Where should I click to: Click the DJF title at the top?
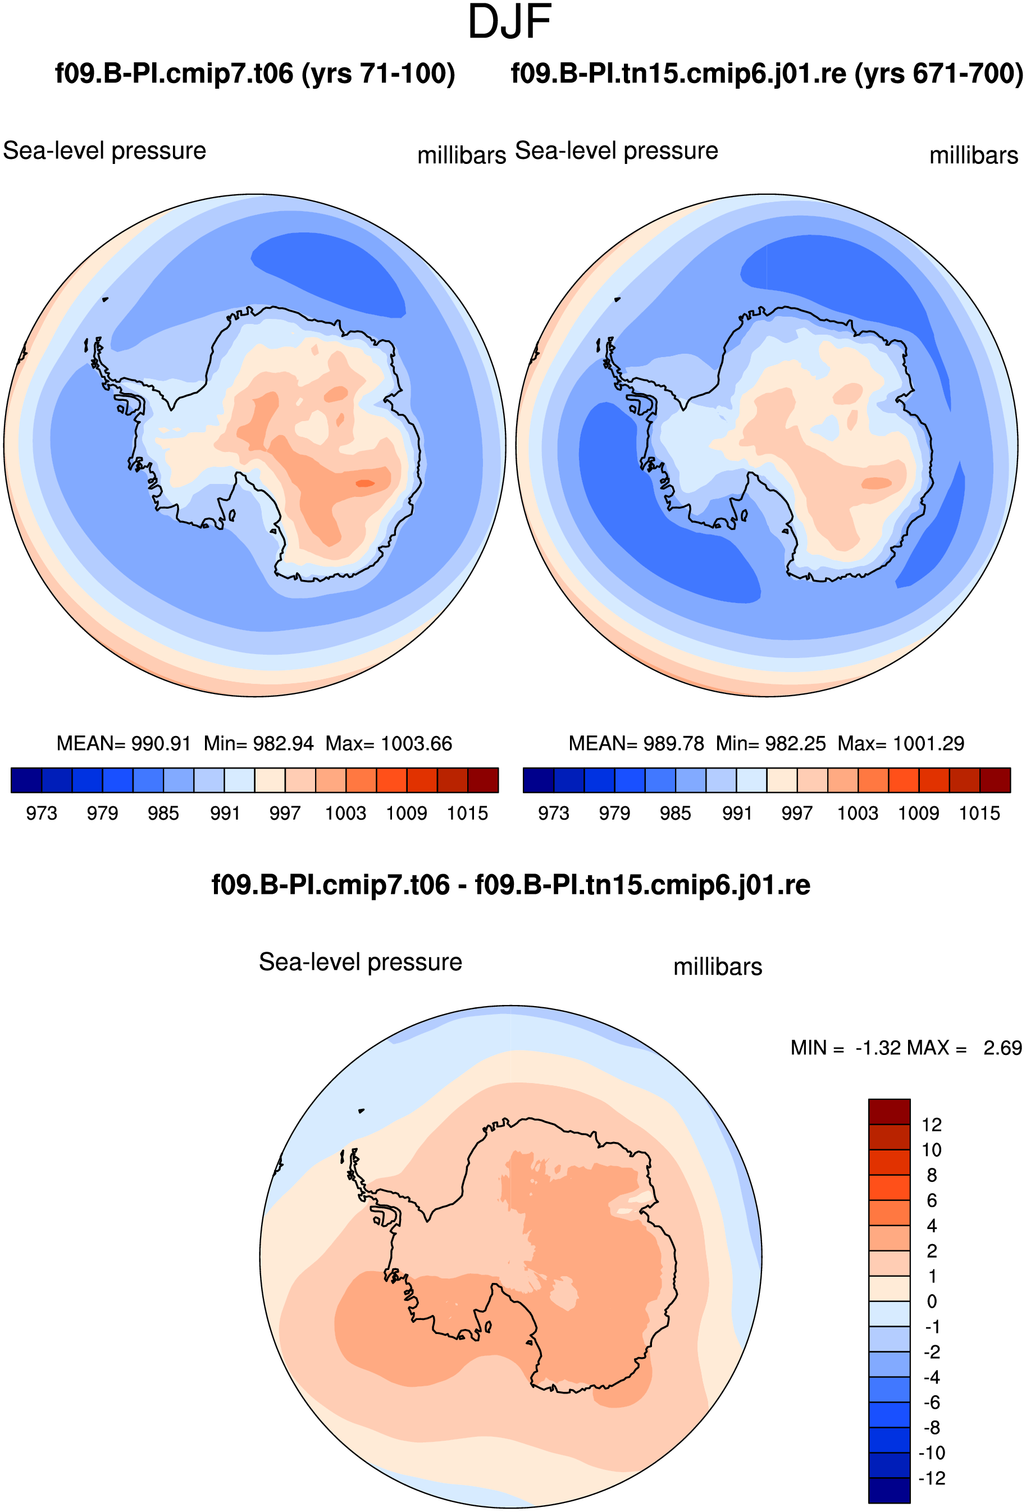tap(509, 22)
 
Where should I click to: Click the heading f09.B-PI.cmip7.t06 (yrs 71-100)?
tap(254, 74)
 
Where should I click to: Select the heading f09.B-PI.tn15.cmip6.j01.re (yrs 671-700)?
tap(767, 74)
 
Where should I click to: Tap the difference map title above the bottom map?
tap(510, 885)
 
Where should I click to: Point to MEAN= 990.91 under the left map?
tap(124, 743)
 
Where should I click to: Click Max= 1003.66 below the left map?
tap(389, 743)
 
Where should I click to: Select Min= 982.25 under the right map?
tap(770, 743)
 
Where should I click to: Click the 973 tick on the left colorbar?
tap(42, 813)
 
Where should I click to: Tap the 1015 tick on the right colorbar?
tap(980, 813)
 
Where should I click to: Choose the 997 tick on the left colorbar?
tap(285, 813)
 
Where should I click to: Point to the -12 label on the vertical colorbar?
tap(932, 1478)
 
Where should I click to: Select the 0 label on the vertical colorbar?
tap(932, 1301)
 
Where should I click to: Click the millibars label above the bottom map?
tap(718, 967)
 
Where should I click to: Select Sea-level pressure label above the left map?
tap(105, 151)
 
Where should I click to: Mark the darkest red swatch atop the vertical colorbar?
tap(889, 1112)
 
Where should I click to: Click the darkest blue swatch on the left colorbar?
tap(26, 780)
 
